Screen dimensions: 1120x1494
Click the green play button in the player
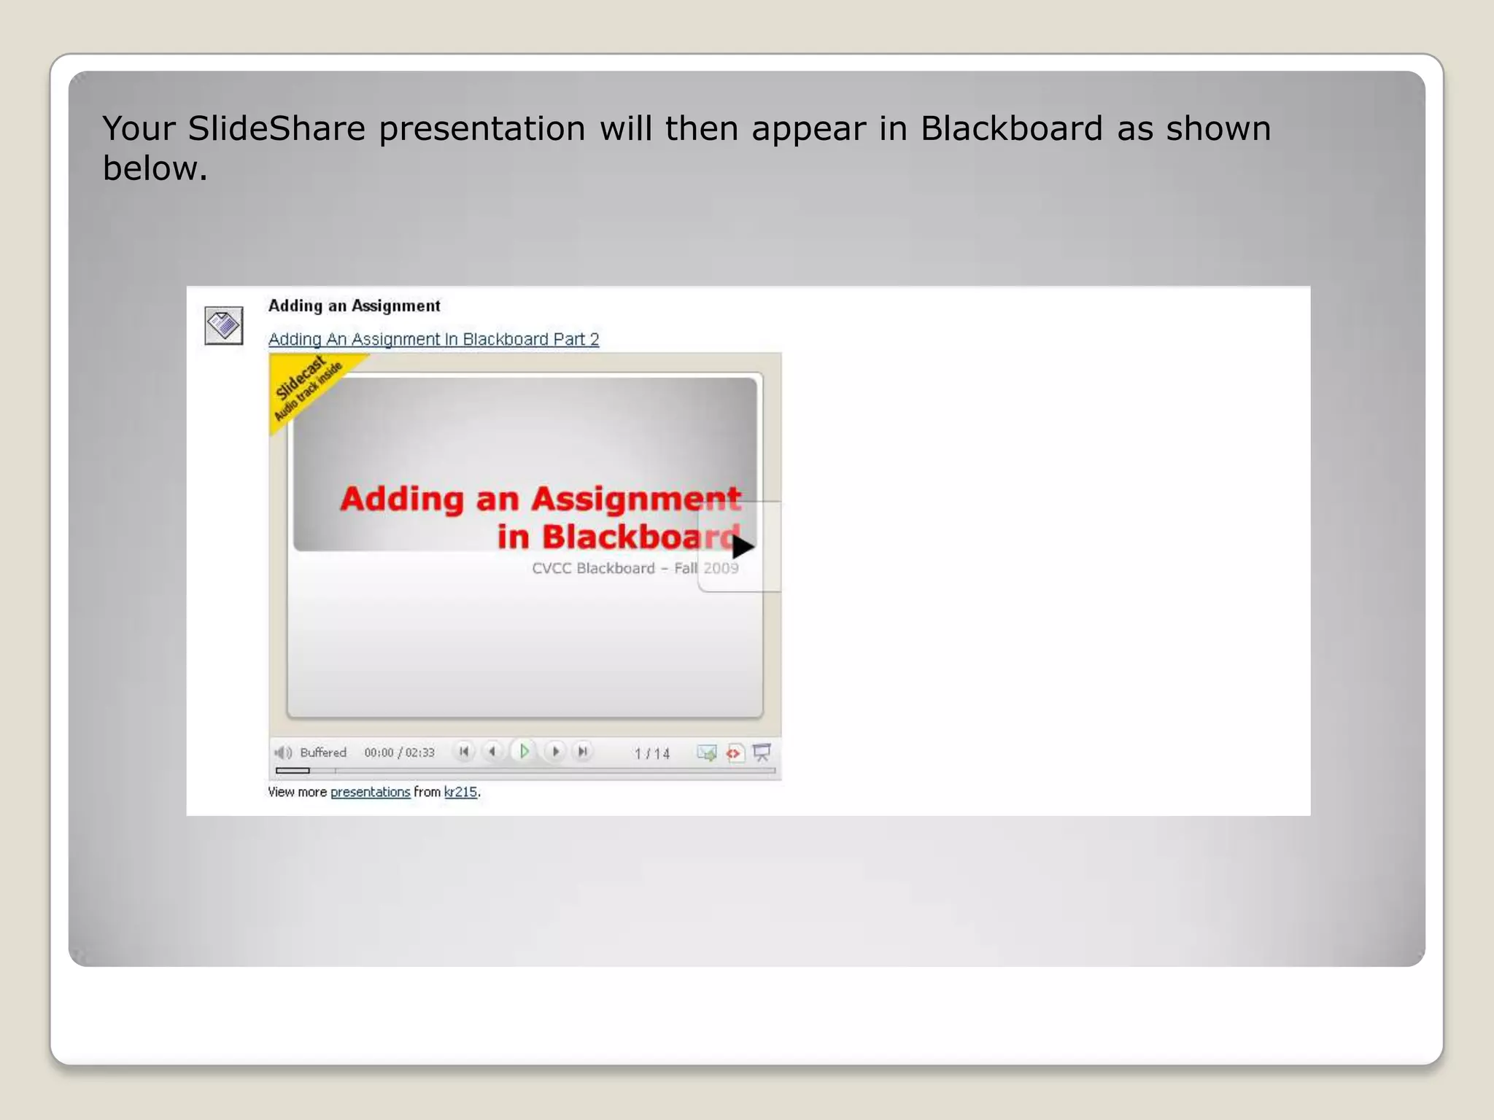click(524, 751)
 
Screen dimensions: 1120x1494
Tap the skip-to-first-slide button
click(464, 751)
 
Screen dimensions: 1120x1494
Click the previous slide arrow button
click(493, 751)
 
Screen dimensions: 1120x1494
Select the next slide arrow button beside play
click(555, 751)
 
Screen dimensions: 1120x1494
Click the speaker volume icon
click(283, 752)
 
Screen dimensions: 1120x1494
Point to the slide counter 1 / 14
click(651, 753)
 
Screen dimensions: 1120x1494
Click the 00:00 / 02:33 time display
click(399, 752)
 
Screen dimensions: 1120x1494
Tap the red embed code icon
click(734, 752)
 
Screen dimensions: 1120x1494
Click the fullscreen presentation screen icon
click(762, 752)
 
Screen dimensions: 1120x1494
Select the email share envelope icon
click(706, 752)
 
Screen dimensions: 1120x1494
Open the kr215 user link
click(460, 792)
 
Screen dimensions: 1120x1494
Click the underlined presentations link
click(370, 792)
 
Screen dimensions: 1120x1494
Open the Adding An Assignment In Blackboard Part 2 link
click(433, 339)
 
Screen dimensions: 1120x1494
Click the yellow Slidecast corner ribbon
click(306, 386)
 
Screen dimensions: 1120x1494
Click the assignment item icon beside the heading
click(223, 325)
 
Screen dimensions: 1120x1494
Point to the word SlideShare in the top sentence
click(276, 128)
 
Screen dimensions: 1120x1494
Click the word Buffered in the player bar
click(323, 752)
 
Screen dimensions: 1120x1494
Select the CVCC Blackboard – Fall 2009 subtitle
click(635, 568)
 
